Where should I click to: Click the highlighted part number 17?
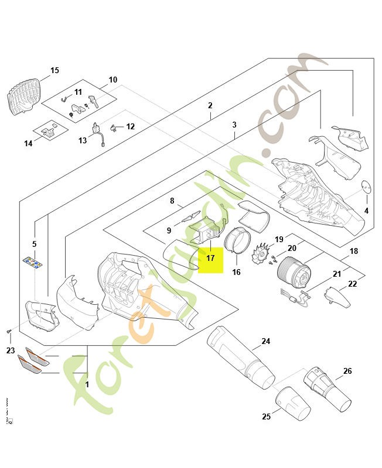click(210, 257)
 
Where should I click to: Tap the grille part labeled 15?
click(26, 95)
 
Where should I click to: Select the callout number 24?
click(265, 341)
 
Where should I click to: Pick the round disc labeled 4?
click(367, 187)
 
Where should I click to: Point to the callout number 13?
click(83, 140)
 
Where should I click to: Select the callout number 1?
click(87, 384)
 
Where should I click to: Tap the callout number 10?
click(113, 80)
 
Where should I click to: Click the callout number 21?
click(336, 274)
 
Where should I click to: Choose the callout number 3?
click(234, 125)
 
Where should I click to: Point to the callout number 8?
click(172, 201)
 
